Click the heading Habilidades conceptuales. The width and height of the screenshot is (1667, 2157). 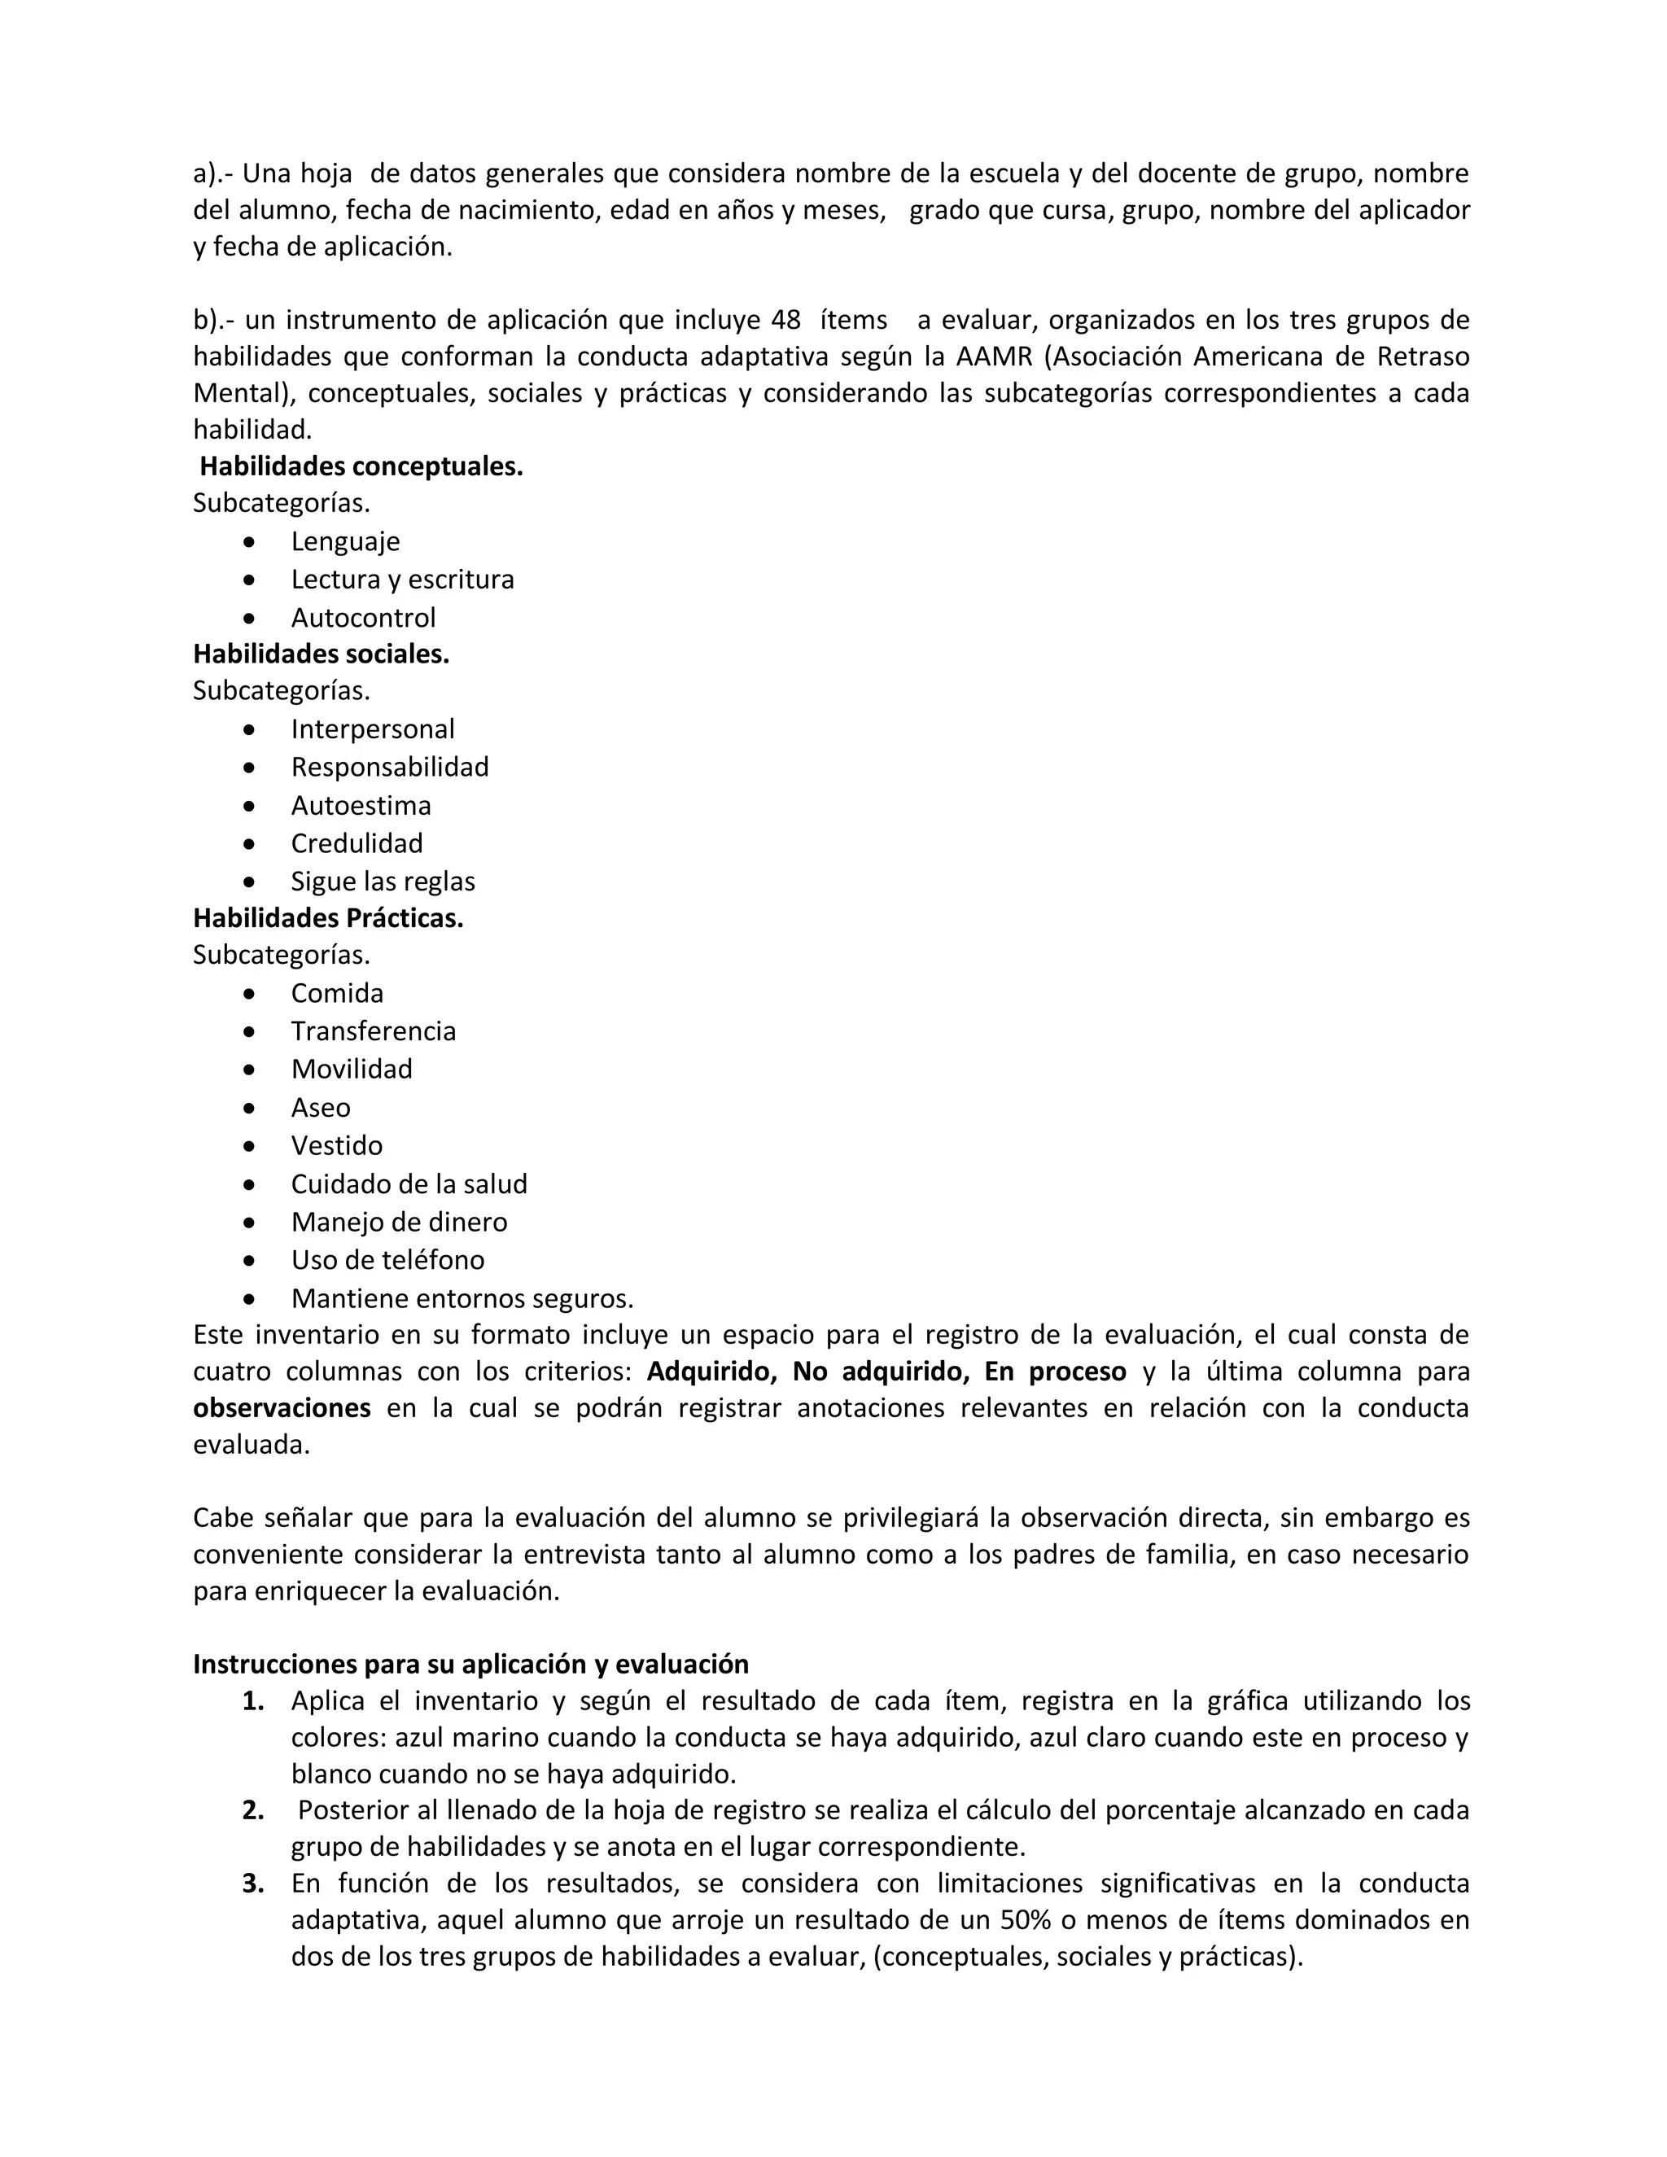(361, 466)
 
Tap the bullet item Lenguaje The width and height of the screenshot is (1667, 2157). (344, 541)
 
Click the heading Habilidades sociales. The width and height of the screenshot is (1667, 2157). (321, 654)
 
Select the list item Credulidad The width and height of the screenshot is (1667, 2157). (357, 843)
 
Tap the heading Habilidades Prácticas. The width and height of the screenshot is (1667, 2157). (328, 918)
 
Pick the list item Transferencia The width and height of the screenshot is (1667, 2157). (374, 1031)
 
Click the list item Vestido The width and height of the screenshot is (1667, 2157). (336, 1146)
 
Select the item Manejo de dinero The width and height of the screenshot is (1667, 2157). (399, 1222)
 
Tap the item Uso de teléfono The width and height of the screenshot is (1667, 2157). (387, 1260)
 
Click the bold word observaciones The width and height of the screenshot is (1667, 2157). (282, 1408)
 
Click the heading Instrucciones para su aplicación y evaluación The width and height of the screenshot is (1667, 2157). (470, 1665)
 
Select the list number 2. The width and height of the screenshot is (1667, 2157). (253, 1810)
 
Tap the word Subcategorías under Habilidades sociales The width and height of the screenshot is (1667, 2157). (282, 690)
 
